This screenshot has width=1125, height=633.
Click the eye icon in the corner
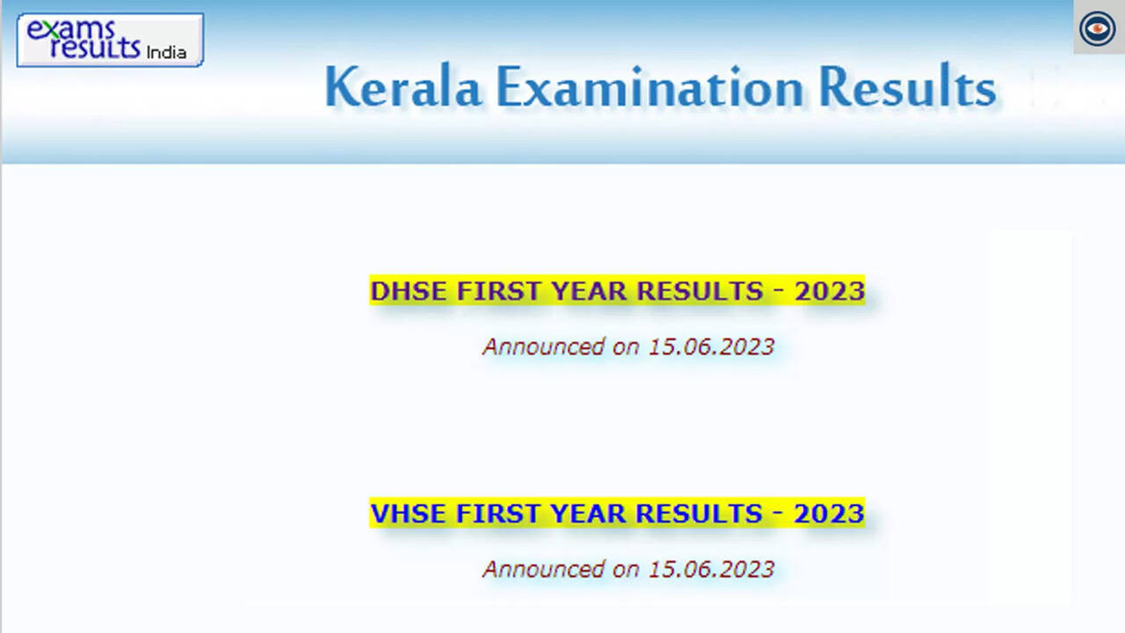[x=1098, y=28]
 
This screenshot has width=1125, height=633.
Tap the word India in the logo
[x=166, y=52]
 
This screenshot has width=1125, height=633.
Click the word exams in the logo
[x=71, y=30]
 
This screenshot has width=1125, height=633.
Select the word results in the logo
[x=95, y=47]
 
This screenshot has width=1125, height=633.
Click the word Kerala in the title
[x=403, y=86]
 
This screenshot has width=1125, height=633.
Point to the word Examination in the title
[x=650, y=86]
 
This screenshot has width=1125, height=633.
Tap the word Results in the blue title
[x=907, y=85]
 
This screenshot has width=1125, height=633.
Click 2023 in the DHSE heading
[x=829, y=291]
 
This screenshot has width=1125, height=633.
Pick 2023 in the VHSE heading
[x=829, y=513]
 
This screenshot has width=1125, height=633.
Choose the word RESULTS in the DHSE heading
[x=700, y=291]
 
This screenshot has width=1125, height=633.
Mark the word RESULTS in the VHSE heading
[x=700, y=513]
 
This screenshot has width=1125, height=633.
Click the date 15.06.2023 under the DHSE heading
[x=711, y=347]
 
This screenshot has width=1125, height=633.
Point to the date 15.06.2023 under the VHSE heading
[x=711, y=570]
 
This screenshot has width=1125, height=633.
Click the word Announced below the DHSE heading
[x=543, y=347]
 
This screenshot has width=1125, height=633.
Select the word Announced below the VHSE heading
[x=543, y=570]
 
